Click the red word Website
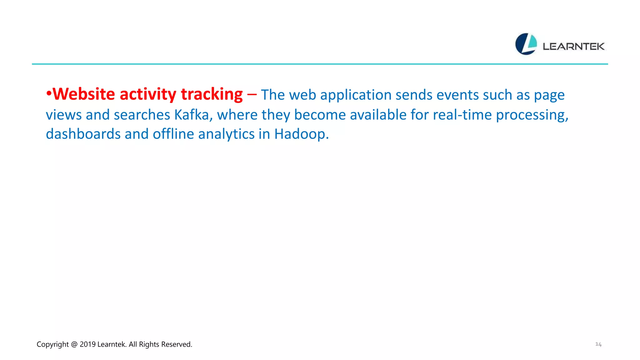[x=84, y=94]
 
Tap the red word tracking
[x=212, y=94]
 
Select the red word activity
[x=148, y=94]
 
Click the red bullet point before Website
[x=49, y=94]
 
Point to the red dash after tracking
[x=252, y=94]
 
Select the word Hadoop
[x=301, y=134]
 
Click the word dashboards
[x=83, y=134]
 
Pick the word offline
[x=173, y=134]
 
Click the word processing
[x=532, y=115]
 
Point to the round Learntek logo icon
[x=526, y=44]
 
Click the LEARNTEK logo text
[x=574, y=47]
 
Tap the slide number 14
[x=598, y=344]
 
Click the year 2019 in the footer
[x=87, y=344]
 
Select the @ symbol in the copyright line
[x=74, y=344]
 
